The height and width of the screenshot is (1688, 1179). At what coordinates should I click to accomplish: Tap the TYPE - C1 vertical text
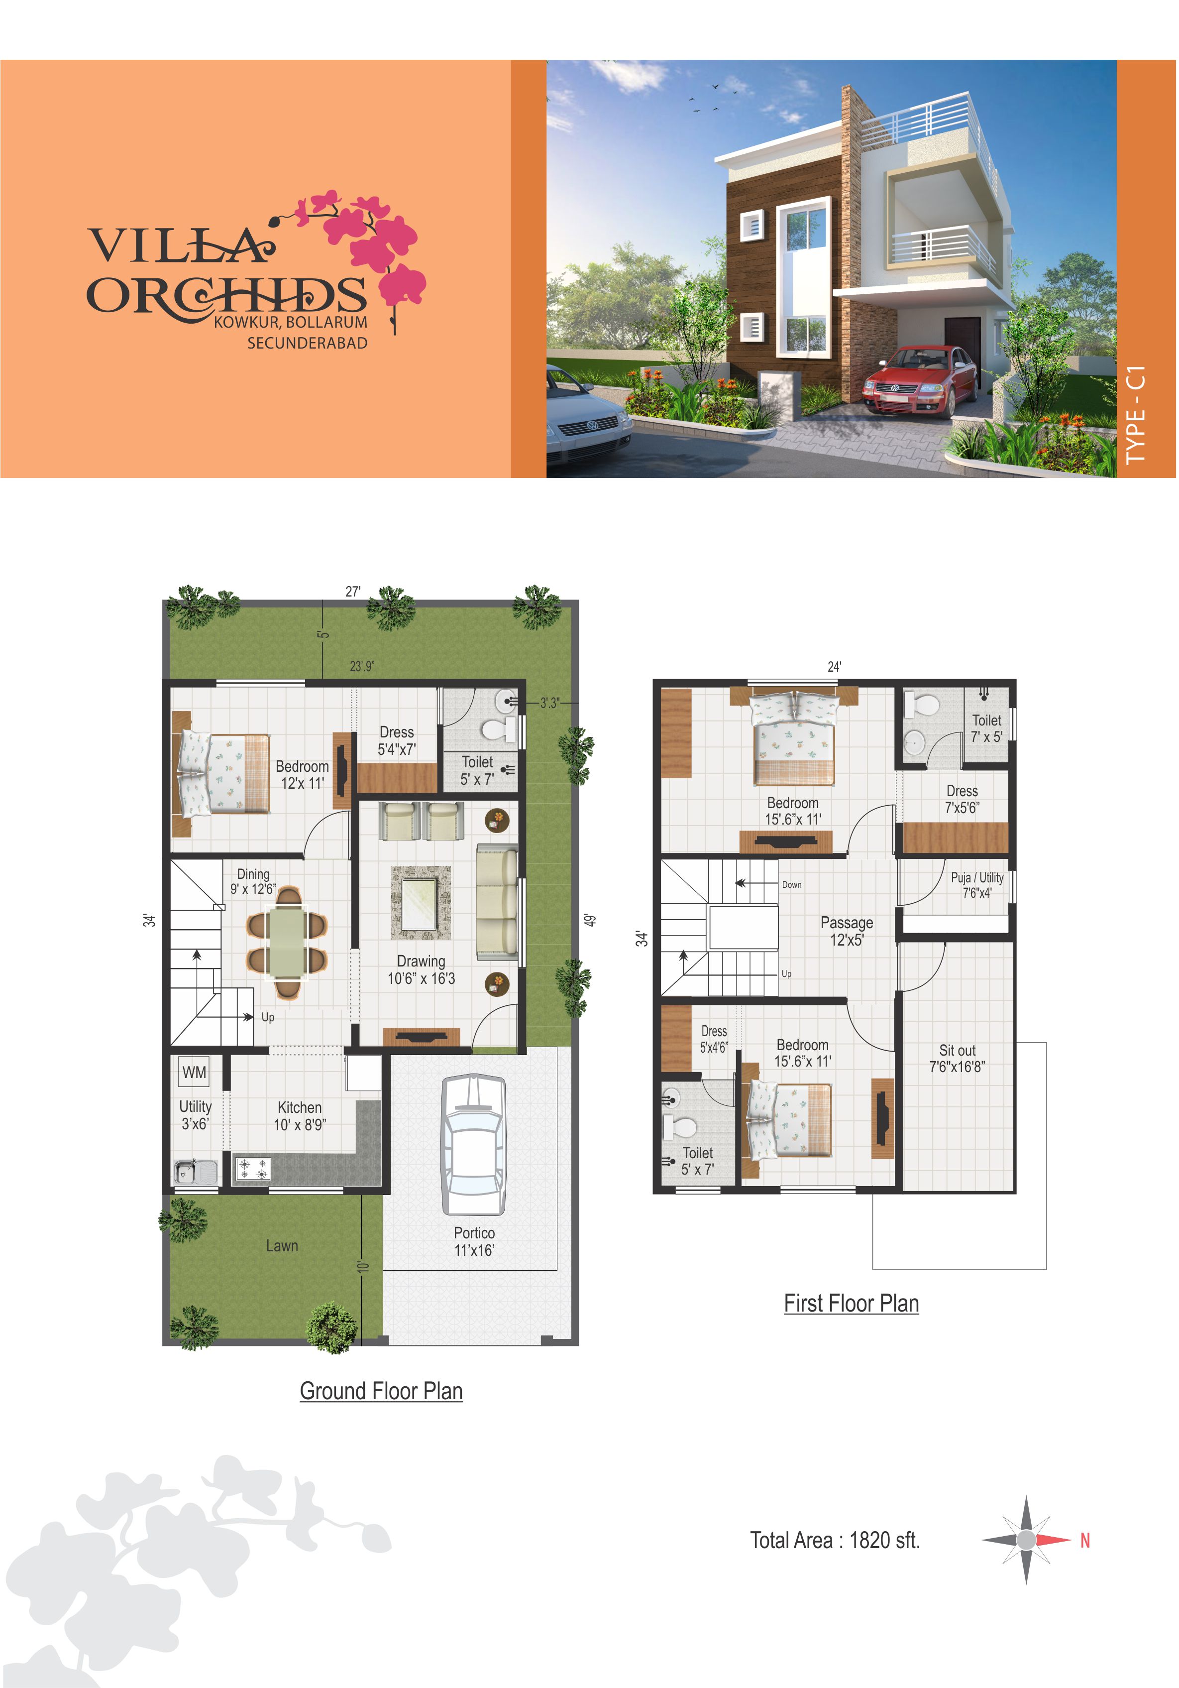1136,415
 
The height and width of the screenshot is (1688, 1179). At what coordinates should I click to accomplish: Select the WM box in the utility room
194,1073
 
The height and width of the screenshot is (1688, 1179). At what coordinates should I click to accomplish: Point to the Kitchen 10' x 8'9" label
300,1116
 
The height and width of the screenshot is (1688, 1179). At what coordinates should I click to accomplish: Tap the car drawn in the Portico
473,1145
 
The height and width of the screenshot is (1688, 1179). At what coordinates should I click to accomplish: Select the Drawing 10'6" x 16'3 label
421,969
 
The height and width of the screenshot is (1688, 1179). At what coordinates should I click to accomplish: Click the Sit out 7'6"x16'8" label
957,1059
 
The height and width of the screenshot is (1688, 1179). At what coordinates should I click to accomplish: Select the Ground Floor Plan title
381,1391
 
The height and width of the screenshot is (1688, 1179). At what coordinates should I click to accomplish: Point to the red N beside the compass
1085,1540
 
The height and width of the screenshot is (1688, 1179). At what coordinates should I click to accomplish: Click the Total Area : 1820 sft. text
835,1540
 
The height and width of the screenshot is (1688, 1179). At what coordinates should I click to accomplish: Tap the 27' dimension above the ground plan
353,592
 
